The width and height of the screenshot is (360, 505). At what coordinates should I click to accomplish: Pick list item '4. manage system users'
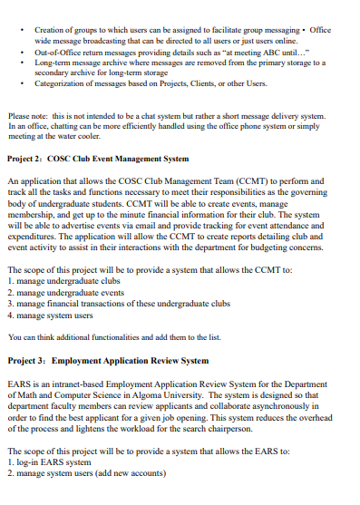(50, 316)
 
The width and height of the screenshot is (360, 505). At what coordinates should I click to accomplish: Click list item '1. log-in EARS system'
(48, 462)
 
